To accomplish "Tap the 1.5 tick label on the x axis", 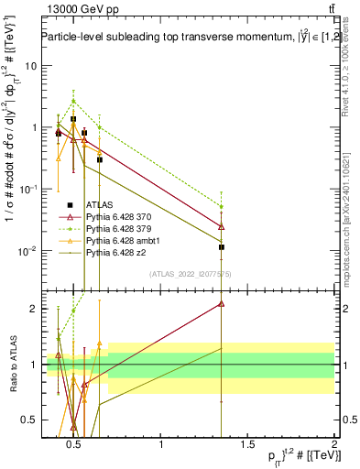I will pyautogui.click(x=247, y=446).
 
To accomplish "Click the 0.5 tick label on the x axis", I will pyautogui.click(x=73, y=446).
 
